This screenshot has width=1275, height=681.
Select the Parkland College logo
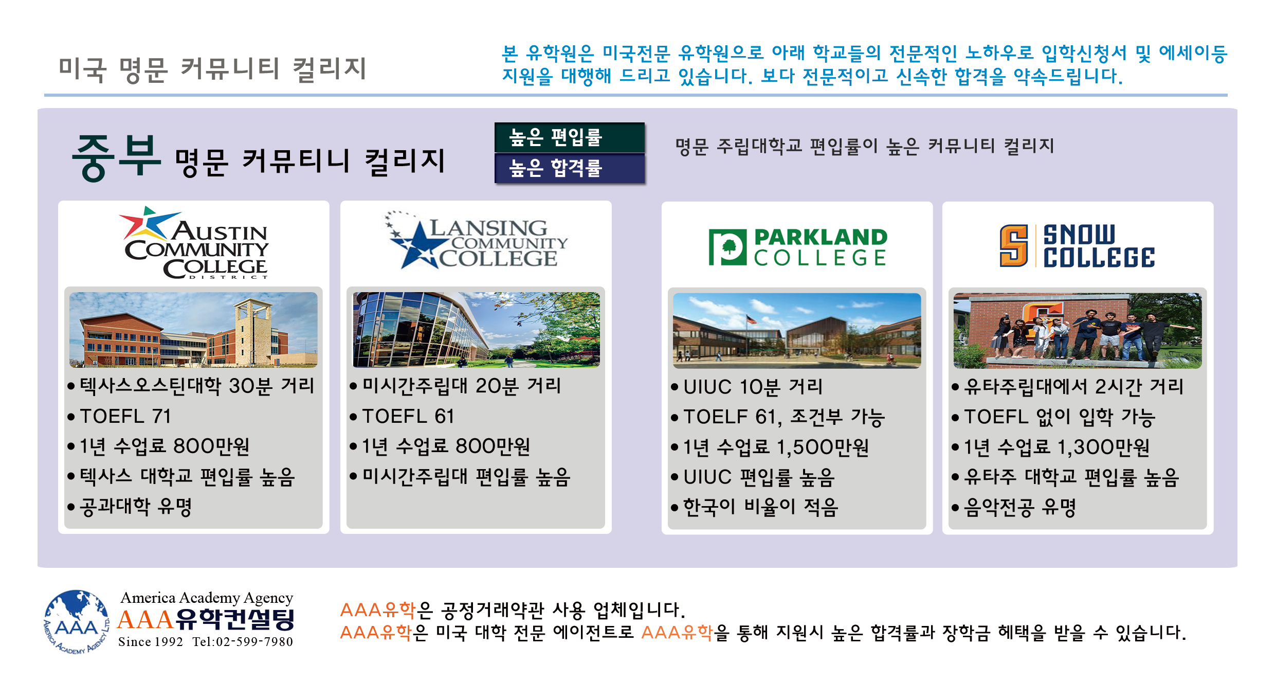pos(798,247)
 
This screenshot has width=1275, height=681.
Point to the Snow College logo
pos(1077,246)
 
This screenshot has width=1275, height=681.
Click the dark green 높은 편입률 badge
pos(570,137)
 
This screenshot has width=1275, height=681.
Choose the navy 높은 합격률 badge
pos(570,168)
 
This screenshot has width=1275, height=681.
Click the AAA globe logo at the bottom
pos(77,622)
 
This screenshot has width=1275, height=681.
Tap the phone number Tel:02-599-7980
pos(243,642)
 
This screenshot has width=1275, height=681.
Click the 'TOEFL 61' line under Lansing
pos(402,416)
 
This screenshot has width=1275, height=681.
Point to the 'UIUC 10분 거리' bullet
pos(747,387)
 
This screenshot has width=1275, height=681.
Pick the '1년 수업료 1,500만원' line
pos(770,447)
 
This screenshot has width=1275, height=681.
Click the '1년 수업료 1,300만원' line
pos(1051,447)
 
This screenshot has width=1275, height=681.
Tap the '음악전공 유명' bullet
pos(1014,508)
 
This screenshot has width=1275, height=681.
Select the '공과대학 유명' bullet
pos(130,507)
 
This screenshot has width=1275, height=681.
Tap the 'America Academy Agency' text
pos(207,598)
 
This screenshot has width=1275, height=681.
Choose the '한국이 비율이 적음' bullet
pos(755,508)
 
